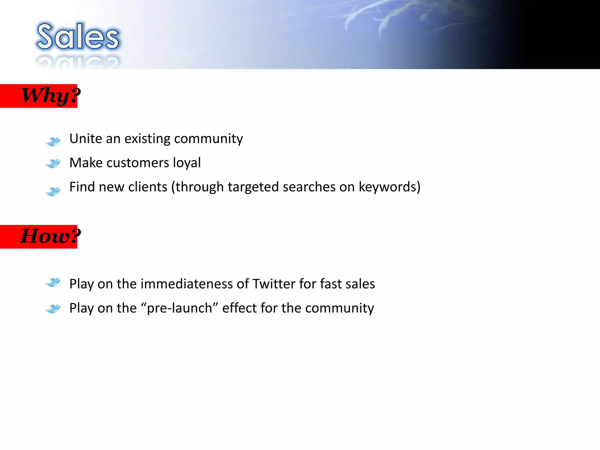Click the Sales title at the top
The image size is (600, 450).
pyautogui.click(x=78, y=37)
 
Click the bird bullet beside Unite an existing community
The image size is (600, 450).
pyautogui.click(x=53, y=141)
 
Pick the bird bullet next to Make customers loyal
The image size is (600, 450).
pyautogui.click(x=53, y=163)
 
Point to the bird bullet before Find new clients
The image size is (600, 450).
pyautogui.click(x=53, y=191)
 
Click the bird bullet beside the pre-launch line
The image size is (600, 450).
pyautogui.click(x=53, y=308)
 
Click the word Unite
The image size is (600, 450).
pyautogui.click(x=85, y=139)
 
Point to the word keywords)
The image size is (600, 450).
pyautogui.click(x=389, y=187)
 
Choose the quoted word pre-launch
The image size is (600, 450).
pyautogui.click(x=180, y=308)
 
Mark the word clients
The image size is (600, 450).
pyautogui.click(x=147, y=187)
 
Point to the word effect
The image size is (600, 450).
pyautogui.click(x=239, y=308)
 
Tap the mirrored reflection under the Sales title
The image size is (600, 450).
pyautogui.click(x=78, y=62)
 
